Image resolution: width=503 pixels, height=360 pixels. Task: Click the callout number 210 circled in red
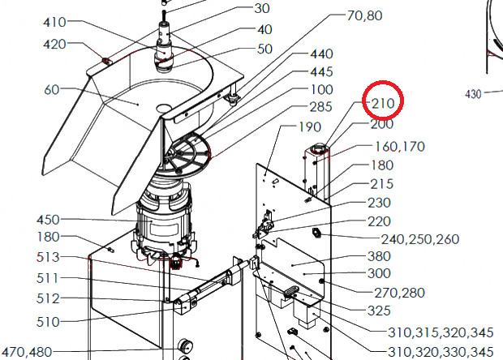[x=383, y=104]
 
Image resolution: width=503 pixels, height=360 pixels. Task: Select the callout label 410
[x=54, y=23]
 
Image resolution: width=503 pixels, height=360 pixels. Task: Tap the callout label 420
[x=54, y=45]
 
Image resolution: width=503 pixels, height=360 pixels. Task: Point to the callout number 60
[x=52, y=90]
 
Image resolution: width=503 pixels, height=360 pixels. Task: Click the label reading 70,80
[x=365, y=15]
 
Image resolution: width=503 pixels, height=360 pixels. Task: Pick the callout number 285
[x=320, y=107]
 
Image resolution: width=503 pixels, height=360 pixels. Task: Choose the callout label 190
[x=310, y=127]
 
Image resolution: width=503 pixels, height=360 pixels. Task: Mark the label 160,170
[x=400, y=147]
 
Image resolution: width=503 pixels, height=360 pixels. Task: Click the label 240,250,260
[x=420, y=239]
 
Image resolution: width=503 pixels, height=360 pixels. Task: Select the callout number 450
[x=48, y=220]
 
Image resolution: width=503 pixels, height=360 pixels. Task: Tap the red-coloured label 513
[x=48, y=257]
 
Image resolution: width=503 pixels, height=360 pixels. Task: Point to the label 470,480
[x=28, y=352]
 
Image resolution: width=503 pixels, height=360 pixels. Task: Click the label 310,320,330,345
[x=441, y=352]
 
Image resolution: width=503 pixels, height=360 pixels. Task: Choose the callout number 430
[x=473, y=94]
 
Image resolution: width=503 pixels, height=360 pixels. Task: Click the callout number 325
[x=379, y=311]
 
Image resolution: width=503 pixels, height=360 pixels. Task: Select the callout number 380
[x=379, y=256]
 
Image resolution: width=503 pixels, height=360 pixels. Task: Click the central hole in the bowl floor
[x=164, y=107]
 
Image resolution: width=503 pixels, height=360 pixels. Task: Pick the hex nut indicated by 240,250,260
[x=316, y=233]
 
